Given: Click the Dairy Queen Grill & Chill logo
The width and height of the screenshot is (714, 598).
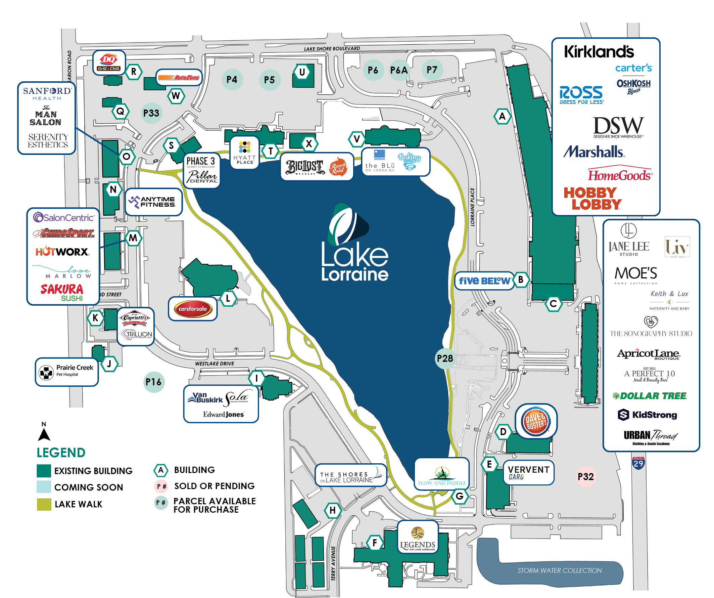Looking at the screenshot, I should (x=109, y=62).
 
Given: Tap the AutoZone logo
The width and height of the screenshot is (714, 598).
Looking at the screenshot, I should (x=179, y=78).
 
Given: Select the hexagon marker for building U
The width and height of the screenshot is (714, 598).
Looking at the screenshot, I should (x=301, y=72).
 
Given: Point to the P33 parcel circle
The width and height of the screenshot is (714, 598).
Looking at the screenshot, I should (x=151, y=113).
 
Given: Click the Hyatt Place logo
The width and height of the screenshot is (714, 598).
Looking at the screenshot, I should (x=244, y=153).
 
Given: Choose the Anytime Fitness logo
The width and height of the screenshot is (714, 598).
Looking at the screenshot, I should (x=153, y=202).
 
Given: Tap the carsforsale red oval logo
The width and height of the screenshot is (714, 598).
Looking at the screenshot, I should (x=193, y=309).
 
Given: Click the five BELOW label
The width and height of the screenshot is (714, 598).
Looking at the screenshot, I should (x=484, y=281).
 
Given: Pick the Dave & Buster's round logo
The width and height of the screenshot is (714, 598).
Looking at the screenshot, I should (x=536, y=422).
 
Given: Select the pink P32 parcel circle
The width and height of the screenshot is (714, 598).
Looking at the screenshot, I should (x=585, y=476).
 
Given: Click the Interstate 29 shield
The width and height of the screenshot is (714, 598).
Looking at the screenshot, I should (x=638, y=463).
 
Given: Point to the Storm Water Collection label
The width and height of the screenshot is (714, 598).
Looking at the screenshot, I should (x=559, y=570).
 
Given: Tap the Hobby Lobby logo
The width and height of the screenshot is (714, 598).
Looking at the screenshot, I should (x=592, y=199).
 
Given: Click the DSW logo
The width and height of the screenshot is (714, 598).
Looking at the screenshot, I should (x=618, y=127).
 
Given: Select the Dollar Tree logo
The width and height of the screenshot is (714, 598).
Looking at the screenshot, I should (x=650, y=396).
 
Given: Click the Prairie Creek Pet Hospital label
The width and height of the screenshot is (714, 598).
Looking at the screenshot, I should (x=67, y=371).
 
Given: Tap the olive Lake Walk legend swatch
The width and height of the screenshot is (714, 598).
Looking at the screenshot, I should (x=44, y=504).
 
